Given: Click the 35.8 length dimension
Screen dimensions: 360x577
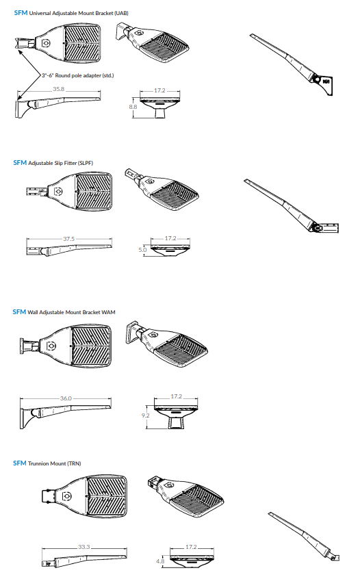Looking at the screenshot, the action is point(59,89).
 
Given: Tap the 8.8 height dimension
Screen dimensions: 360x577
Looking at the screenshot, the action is point(133,107).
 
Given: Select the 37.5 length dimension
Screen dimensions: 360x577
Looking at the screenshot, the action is point(69,239).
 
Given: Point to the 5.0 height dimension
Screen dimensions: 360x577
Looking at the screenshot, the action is point(142,250).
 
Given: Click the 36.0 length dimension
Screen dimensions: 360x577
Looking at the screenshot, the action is point(66,398).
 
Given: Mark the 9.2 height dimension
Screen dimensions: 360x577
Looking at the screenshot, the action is point(145,415).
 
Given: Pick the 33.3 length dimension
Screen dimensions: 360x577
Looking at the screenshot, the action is point(84,547).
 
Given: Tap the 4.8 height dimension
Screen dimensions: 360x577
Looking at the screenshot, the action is point(160,561).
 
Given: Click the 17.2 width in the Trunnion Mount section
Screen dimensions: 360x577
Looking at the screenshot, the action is point(191,547).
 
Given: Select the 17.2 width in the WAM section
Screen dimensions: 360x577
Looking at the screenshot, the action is point(177,396).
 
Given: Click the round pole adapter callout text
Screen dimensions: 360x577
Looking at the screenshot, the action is point(77,75).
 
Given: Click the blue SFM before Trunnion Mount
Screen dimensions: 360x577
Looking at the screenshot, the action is point(20,463).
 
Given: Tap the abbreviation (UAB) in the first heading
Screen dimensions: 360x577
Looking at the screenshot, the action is point(121,13).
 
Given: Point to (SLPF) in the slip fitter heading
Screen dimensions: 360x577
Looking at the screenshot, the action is point(86,163).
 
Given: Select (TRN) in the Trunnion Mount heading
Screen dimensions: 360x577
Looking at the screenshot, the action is point(74,463).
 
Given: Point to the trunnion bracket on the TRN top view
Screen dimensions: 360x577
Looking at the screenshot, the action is point(48,496).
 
